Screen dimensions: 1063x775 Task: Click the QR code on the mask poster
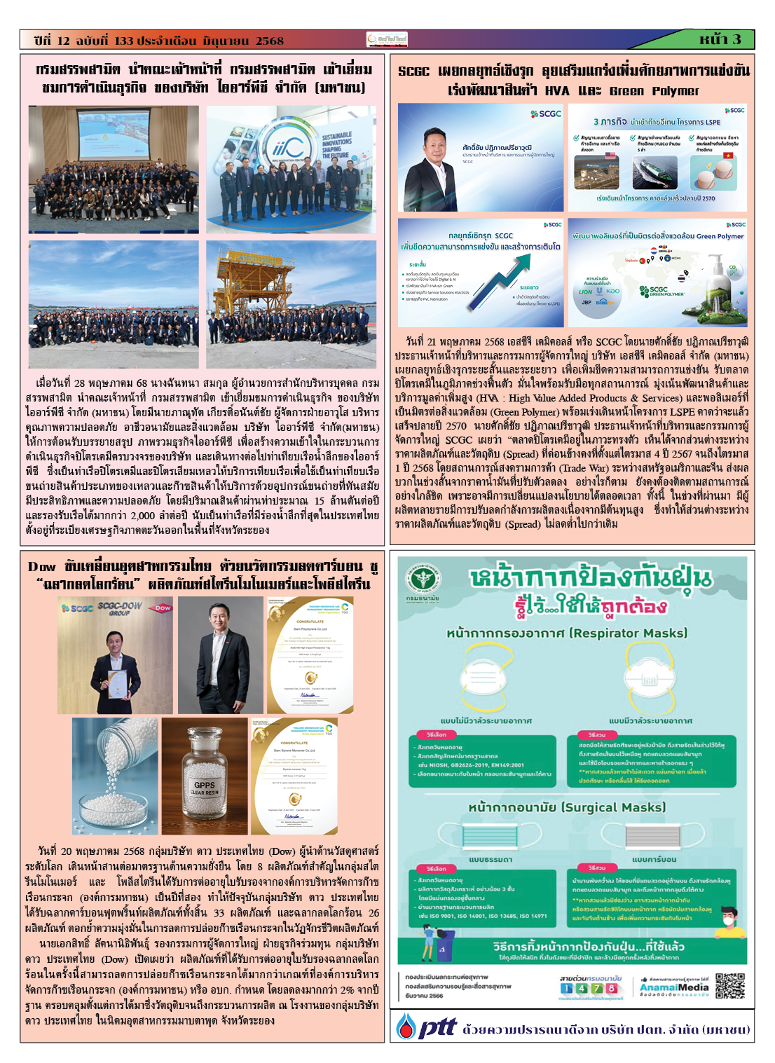[x=729, y=985]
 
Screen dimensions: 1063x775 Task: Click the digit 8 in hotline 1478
[x=611, y=988]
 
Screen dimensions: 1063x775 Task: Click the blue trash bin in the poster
[x=443, y=952]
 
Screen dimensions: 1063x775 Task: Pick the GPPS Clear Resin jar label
[x=205, y=788]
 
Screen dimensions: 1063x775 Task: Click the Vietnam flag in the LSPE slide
[x=728, y=155]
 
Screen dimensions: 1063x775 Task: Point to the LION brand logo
[x=585, y=292]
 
